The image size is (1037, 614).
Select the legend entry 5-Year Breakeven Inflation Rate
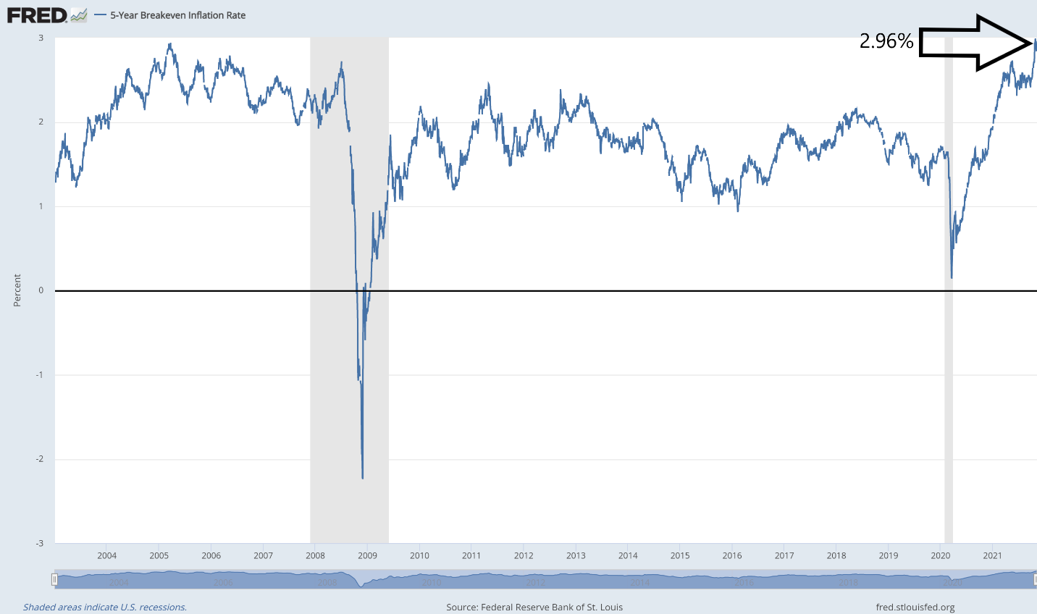click(177, 15)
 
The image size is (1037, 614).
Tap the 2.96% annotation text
click(886, 41)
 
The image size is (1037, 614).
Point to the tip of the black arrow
click(1032, 43)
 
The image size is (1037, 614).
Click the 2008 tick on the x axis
click(315, 556)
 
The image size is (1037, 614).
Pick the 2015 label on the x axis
click(680, 556)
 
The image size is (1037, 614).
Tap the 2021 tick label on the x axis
click(992, 556)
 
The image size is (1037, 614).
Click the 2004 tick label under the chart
click(106, 556)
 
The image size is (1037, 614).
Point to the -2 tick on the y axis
click(41, 459)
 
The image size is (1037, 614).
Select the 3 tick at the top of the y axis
click(41, 38)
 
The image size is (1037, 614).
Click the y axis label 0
click(41, 290)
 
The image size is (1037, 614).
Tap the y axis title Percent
click(17, 290)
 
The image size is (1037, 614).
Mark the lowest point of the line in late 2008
click(362, 478)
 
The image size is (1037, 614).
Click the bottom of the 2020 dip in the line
click(951, 277)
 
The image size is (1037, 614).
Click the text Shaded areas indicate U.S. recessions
click(105, 607)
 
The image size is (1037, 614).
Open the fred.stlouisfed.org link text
click(915, 607)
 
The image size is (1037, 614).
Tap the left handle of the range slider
click(54, 580)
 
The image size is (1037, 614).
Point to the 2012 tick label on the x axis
click(524, 556)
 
